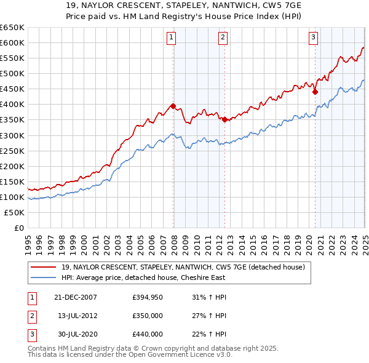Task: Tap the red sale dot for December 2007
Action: click(x=173, y=106)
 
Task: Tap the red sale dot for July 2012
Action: click(x=224, y=119)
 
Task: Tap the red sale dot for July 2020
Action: click(x=315, y=92)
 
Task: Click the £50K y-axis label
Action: click(x=14, y=212)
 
